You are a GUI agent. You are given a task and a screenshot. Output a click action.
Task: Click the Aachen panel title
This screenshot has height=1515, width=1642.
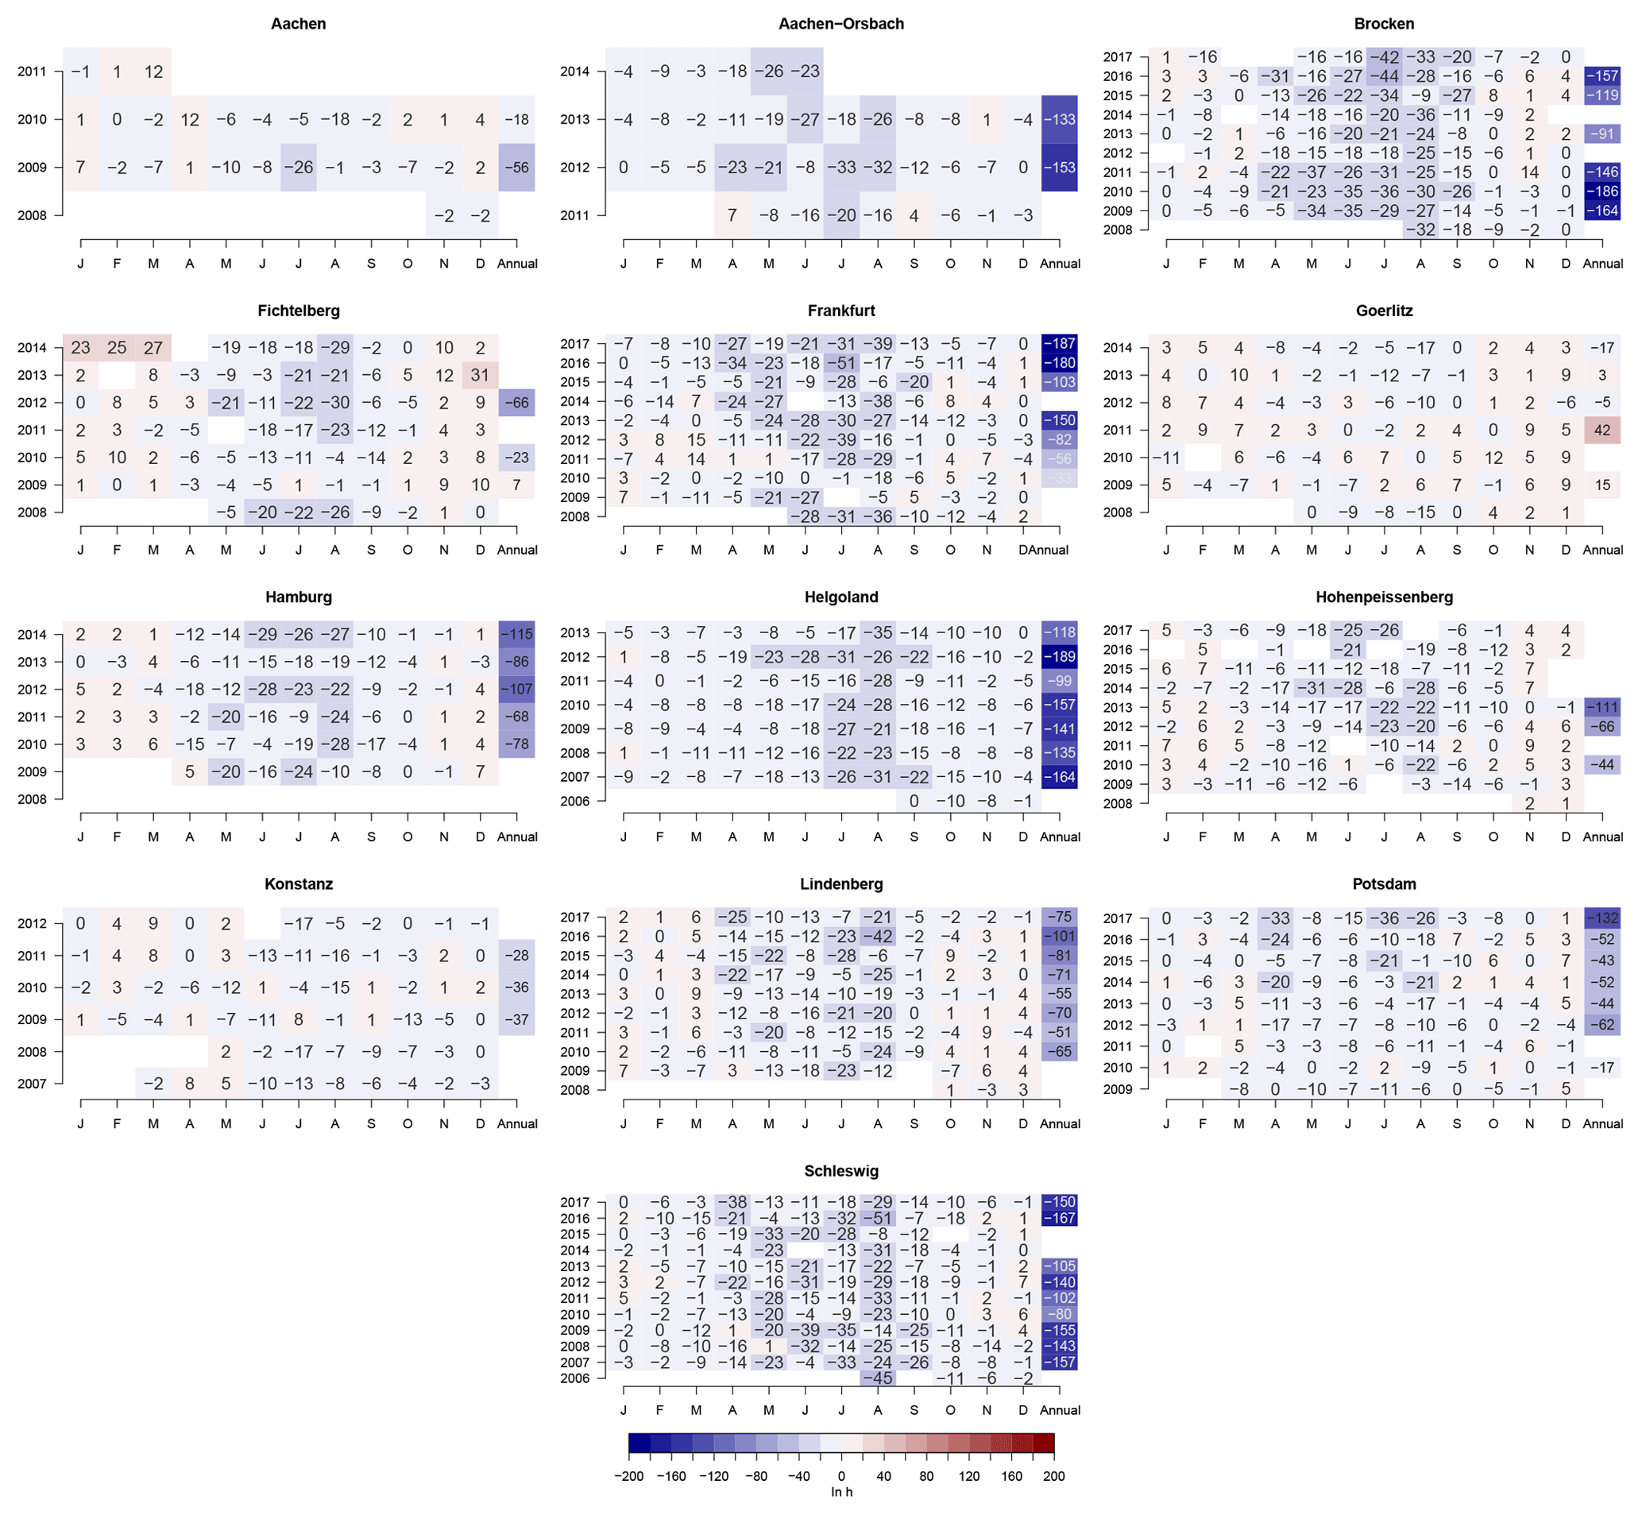coord(299,24)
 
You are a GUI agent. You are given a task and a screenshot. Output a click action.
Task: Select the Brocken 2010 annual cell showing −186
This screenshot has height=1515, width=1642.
coord(1601,191)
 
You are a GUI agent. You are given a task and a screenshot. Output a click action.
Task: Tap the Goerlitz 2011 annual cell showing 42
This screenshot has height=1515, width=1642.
coord(1601,430)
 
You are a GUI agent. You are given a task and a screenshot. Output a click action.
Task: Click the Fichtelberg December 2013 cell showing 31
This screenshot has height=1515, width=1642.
coord(481,376)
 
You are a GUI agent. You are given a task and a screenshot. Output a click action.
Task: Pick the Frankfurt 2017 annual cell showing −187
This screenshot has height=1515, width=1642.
coord(1059,343)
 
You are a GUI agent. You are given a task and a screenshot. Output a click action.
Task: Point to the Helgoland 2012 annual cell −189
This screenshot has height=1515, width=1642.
coord(1059,657)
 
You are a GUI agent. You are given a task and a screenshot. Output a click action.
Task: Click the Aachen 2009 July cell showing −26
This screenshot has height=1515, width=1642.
coord(299,168)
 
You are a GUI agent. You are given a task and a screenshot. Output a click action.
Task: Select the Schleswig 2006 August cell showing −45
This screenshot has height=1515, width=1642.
coord(877,1378)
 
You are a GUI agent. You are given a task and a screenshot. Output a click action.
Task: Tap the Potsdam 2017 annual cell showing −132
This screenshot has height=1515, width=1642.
coord(1601,918)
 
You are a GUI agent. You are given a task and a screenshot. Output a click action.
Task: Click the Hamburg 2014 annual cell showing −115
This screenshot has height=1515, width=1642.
coord(516,635)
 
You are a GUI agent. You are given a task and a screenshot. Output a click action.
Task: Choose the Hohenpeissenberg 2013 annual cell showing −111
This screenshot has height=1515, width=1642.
coord(1601,708)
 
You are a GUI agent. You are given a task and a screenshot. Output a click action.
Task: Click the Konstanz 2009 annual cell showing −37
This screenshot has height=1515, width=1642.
coord(516,1019)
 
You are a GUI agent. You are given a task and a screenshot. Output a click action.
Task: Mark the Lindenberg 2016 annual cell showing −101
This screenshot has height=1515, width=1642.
coord(1059,936)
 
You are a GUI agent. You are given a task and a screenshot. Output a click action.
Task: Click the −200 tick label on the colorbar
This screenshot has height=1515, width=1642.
coord(629,1476)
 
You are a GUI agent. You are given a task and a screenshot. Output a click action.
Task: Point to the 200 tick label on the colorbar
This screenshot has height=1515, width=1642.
coord(1053,1476)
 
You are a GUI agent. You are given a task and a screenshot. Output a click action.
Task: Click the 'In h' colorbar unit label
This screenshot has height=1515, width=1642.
coord(841,1492)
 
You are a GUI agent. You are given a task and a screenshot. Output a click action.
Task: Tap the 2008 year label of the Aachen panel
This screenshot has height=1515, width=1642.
coord(32,215)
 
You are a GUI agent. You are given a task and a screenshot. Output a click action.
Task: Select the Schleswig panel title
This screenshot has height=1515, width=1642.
coord(841,1171)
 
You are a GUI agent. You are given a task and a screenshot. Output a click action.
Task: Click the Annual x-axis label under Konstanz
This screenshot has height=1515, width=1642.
coord(516,1124)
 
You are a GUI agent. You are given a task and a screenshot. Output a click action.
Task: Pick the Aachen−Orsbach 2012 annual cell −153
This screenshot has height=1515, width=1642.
coord(1059,168)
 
